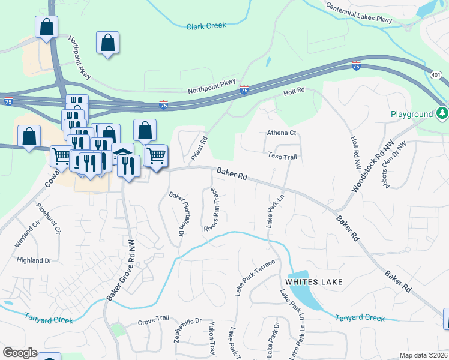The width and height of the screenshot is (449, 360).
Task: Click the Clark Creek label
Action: click(x=205, y=26)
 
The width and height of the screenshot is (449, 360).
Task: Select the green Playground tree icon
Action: click(x=442, y=113)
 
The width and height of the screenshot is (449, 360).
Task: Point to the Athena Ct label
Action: click(x=282, y=133)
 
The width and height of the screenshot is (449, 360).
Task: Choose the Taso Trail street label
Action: click(x=282, y=155)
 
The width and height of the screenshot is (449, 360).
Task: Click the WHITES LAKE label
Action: click(x=313, y=281)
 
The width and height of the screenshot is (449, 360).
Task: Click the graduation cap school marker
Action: click(x=122, y=154)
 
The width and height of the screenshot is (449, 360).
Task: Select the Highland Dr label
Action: click(x=34, y=260)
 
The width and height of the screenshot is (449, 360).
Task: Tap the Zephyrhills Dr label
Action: click(x=177, y=339)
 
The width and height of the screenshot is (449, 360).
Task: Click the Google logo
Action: click(x=20, y=353)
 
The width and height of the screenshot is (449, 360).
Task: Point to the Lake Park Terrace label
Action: click(x=255, y=277)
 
